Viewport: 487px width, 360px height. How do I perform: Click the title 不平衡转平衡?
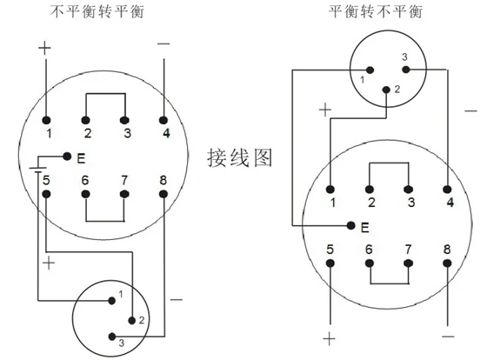[97, 12]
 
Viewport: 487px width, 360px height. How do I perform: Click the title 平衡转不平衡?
[376, 12]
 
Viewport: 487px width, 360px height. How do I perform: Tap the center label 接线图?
[239, 157]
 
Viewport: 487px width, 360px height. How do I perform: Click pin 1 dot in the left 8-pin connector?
[46, 120]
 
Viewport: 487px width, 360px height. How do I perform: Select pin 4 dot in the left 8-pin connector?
[163, 120]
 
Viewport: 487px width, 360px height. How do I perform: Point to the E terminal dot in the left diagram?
[67, 156]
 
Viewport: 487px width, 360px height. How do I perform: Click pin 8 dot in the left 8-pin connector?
[163, 195]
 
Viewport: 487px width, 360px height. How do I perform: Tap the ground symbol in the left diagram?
[38, 170]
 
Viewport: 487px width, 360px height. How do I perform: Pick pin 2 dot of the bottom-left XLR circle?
[132, 320]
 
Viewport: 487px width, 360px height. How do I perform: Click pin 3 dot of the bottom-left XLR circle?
[112, 337]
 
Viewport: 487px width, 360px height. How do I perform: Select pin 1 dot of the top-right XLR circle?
[370, 70]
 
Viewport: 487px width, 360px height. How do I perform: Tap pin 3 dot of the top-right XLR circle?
[406, 70]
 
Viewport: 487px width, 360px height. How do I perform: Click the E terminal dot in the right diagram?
[351, 225]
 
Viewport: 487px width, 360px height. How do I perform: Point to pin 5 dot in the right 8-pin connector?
[330, 263]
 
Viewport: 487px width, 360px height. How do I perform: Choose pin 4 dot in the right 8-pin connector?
[447, 190]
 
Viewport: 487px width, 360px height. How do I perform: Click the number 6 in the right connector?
[369, 250]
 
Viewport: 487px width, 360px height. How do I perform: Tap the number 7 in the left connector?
[124, 180]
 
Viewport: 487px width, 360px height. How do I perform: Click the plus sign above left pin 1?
[44, 48]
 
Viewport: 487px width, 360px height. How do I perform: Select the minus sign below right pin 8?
[448, 337]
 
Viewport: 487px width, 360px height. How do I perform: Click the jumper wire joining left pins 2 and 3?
[105, 94]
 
